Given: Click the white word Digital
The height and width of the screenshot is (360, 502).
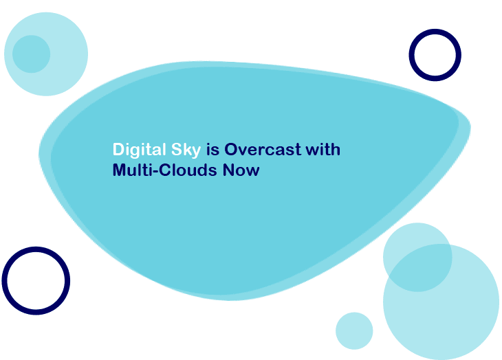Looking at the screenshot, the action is [140, 150].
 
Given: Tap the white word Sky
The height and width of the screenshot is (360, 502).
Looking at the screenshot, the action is [186, 150].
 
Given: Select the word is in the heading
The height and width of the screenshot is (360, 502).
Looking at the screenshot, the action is [213, 149].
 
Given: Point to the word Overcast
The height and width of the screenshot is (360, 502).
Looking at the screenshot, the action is [263, 149].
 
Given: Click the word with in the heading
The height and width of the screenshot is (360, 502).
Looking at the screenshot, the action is [323, 149].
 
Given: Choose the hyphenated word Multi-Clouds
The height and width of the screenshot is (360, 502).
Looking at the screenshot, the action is [165, 170].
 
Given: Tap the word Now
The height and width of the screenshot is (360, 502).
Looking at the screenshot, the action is [241, 170].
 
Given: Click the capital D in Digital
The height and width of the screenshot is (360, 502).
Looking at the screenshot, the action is [118, 149].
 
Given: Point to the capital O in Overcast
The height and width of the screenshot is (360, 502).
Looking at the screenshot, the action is [231, 149].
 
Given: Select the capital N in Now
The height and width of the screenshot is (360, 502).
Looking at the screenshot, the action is [228, 170].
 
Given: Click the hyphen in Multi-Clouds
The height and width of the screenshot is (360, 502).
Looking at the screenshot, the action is [156, 172].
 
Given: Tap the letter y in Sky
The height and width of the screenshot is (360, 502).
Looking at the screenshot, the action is [196, 152].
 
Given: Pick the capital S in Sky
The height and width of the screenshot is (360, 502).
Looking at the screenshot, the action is [177, 149].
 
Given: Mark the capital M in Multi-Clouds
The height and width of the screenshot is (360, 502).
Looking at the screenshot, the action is [120, 170].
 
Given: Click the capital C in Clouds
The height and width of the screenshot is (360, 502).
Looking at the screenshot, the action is [166, 170].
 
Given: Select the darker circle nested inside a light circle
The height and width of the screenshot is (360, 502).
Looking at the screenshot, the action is [32, 54].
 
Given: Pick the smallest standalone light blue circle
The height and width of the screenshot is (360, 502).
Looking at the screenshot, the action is [354, 331].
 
